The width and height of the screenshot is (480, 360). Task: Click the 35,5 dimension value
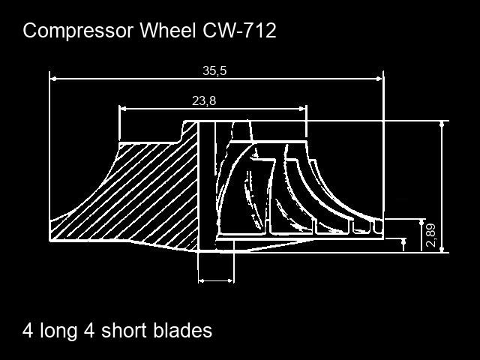tap(214, 70)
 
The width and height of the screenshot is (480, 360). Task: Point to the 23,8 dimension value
tap(204, 101)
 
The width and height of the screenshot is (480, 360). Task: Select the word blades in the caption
tap(183, 331)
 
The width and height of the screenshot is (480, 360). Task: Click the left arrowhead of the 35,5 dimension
tap(54, 76)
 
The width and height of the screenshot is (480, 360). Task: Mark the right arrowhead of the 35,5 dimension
tap(379, 76)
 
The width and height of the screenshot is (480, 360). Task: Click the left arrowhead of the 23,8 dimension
tap(123, 108)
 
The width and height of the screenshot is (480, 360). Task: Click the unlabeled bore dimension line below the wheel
tap(215, 280)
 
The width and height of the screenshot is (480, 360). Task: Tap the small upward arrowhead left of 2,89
tap(404, 242)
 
